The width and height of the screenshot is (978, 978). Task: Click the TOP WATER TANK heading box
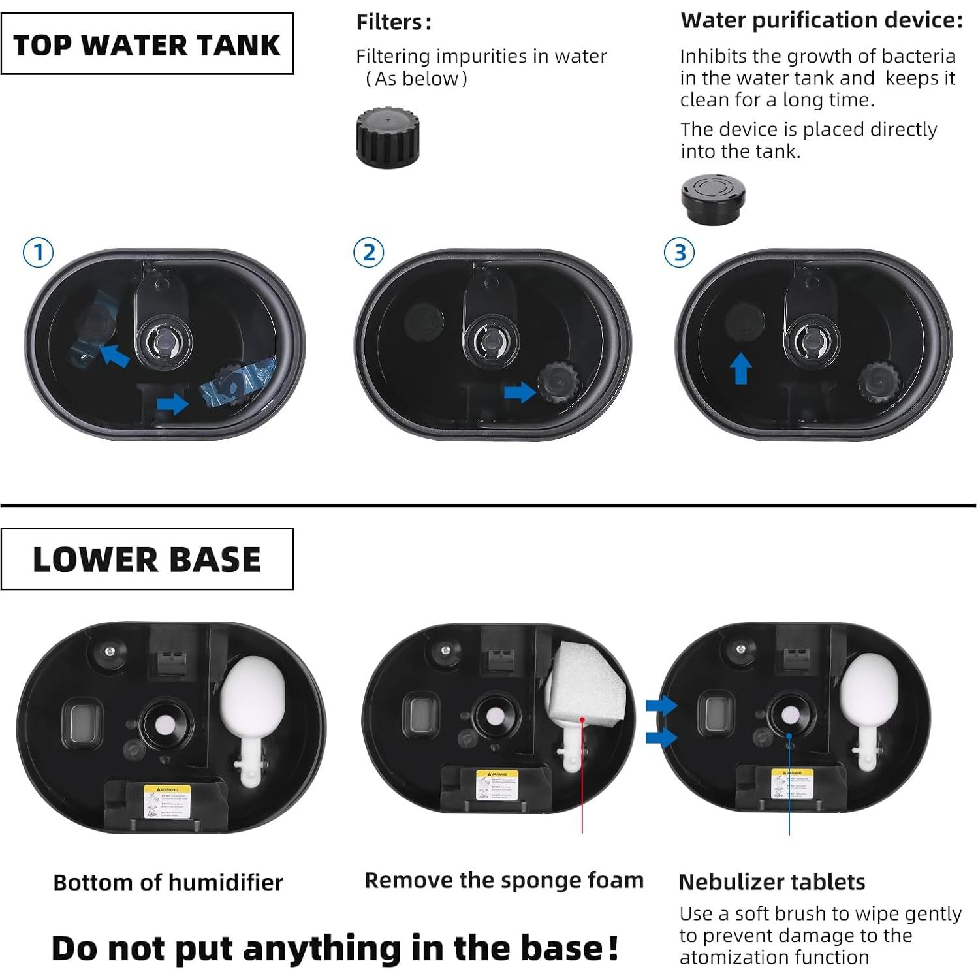pos(147,44)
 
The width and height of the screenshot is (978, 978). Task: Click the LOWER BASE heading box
pos(147,559)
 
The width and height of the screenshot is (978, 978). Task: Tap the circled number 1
pos(38,252)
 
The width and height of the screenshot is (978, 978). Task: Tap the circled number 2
pos(369,252)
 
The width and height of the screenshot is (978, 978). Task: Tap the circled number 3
pos(680,252)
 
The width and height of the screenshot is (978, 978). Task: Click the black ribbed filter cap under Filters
pos(387,136)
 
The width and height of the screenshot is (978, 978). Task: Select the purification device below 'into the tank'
pos(712,198)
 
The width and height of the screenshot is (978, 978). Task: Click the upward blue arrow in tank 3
pos(740,368)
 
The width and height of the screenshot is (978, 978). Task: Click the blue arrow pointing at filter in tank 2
pos(520,392)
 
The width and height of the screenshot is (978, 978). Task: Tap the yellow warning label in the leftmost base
pos(167,801)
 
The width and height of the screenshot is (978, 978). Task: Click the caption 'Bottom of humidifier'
pos(168,882)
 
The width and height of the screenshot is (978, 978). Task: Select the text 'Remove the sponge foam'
pos(504,880)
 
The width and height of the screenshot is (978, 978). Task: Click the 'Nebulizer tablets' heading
pos(772,882)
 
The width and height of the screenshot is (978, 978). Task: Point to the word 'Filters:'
pos(394,22)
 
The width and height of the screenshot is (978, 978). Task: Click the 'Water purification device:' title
pos(821,20)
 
